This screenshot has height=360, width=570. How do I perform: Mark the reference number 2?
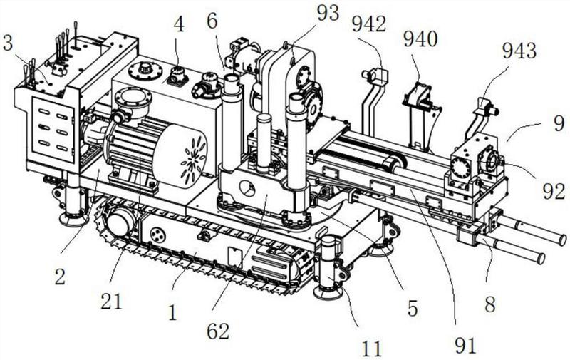point(60,277)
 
